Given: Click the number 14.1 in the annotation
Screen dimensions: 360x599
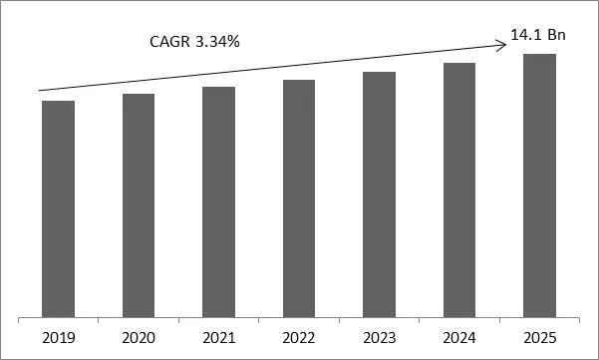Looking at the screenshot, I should click(525, 36).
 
